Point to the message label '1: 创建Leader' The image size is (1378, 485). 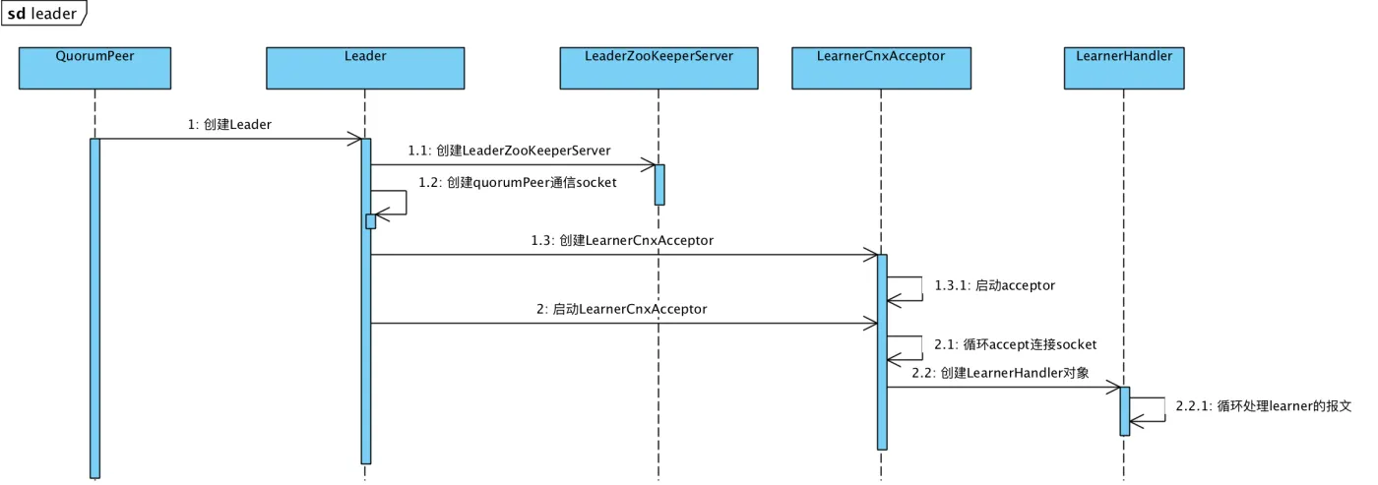point(229,125)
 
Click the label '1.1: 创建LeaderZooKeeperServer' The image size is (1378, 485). point(509,151)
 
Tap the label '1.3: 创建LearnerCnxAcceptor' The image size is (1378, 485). point(622,240)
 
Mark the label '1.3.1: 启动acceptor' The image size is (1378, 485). point(995,285)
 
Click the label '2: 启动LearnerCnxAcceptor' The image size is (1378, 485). point(621,309)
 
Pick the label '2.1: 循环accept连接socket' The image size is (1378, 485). point(1015,344)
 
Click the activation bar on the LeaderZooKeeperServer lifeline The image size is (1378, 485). point(659,184)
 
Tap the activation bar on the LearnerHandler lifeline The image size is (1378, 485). point(1124,410)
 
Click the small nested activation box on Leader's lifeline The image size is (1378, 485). point(371,221)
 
